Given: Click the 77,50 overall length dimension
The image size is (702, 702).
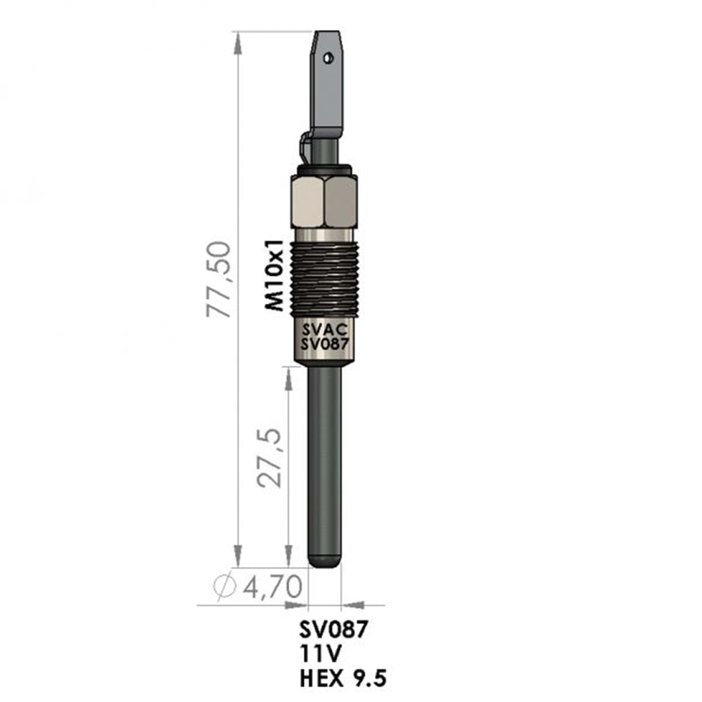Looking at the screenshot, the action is tap(218, 279).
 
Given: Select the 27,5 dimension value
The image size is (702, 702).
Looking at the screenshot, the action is tap(270, 458).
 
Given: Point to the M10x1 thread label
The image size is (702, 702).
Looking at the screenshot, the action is tap(274, 275).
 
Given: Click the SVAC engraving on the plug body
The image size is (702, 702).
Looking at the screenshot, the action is tap(324, 330).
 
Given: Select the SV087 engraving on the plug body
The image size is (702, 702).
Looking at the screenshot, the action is tap(324, 344).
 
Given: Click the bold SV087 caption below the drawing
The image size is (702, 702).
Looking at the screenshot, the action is tap(333, 630).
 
